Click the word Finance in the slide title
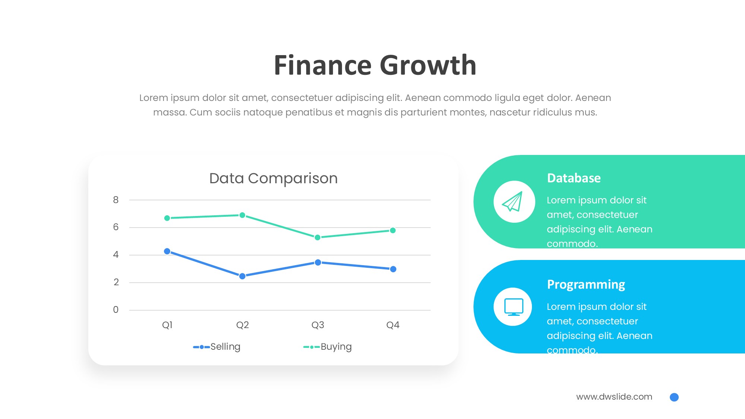323,65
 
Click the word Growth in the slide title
428,65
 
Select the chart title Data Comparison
273,178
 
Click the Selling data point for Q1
167,251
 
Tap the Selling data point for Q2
242,276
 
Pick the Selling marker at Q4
393,269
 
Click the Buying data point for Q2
242,215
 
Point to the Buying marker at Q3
317,237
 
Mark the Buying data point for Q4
393,231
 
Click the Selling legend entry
217,347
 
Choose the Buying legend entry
327,347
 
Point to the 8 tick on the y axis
116,200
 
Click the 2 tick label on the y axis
116,282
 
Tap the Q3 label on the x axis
318,325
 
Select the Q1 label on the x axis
167,325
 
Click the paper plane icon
513,202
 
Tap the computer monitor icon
514,307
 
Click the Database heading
574,178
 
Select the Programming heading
586,285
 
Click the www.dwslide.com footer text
614,397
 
